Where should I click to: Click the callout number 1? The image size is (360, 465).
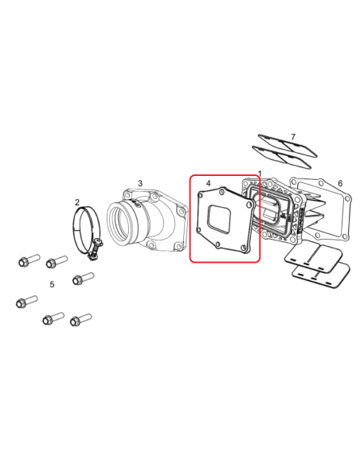260,174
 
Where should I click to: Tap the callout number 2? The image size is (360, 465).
77,202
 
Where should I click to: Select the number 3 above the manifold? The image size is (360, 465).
140,183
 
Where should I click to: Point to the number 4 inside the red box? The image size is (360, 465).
208,184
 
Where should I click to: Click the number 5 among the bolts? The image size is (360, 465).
52,284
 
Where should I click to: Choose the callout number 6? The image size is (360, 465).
340,184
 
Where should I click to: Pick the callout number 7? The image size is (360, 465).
293,138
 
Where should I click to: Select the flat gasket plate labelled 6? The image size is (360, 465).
323,209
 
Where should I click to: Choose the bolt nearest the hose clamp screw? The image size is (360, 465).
81,279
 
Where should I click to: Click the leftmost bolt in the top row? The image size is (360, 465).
27,260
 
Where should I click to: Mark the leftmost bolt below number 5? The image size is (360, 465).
25,302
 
